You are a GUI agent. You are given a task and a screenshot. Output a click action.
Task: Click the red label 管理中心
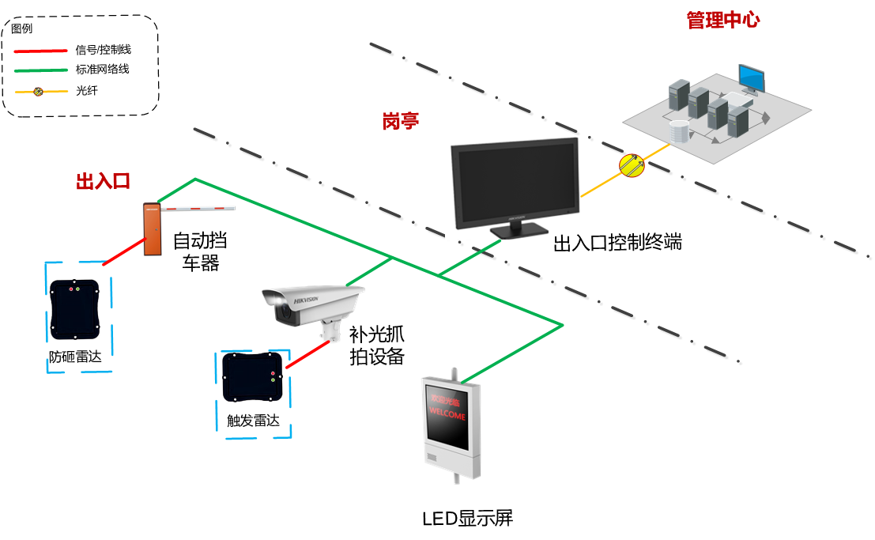tap(722, 20)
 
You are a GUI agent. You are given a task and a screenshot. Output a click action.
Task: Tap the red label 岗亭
tap(400, 121)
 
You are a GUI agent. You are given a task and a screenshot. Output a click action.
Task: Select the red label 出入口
tap(103, 181)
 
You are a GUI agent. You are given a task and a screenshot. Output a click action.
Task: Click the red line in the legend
tap(40, 51)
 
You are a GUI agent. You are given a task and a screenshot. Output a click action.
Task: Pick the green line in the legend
tap(40, 70)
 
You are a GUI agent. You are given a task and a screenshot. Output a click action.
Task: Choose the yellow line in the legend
tap(40, 92)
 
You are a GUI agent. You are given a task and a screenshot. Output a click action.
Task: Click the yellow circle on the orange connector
tap(632, 165)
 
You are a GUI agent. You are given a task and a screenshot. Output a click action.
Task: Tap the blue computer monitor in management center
tap(751, 77)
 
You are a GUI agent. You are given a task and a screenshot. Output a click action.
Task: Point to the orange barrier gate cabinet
tap(153, 230)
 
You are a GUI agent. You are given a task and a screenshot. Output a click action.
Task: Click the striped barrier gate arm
tap(198, 210)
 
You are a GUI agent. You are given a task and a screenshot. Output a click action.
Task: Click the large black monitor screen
tap(515, 181)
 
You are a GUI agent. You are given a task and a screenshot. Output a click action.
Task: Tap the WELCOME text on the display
tap(447, 416)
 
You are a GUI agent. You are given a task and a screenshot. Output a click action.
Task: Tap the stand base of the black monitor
tap(518, 231)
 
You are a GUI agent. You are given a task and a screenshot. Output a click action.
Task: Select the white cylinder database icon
tap(678, 131)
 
